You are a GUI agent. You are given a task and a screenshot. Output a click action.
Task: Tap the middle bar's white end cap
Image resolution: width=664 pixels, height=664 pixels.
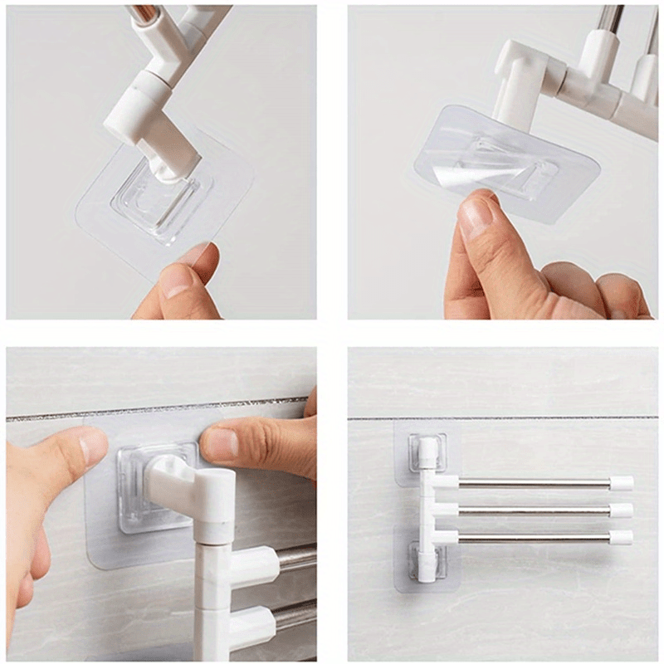tap(621, 510)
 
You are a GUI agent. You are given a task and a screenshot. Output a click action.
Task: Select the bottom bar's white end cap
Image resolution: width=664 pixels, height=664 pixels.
tap(621, 537)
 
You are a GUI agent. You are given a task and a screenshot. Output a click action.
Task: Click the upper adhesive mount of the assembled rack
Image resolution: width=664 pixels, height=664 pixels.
tap(427, 453)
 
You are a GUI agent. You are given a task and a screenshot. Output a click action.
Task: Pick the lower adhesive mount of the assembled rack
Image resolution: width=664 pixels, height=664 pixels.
tap(427, 561)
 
